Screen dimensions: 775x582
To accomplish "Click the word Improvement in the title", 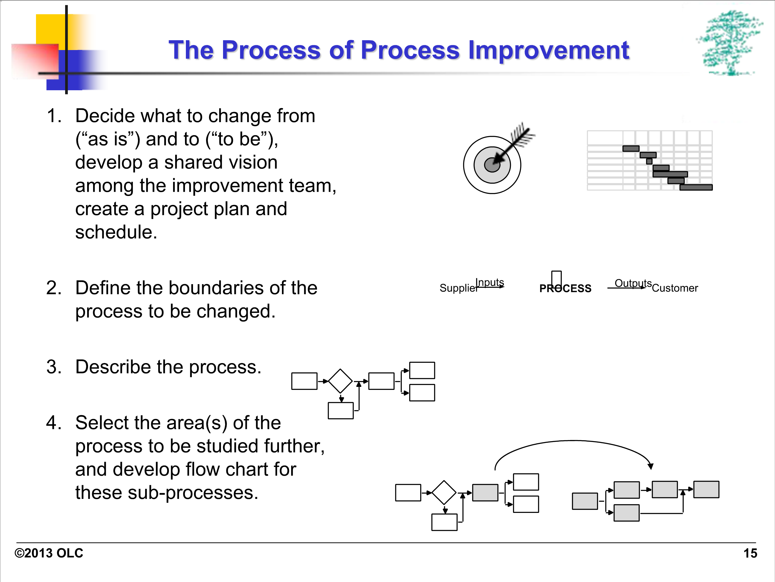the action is (549, 50).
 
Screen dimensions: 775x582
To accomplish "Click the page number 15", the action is (750, 553).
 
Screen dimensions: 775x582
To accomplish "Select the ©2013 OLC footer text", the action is (49, 553).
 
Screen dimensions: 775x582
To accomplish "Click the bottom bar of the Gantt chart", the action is (696, 187).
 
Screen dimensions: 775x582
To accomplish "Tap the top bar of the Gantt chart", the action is (631, 148).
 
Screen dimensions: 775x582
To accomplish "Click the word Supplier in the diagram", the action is (459, 288).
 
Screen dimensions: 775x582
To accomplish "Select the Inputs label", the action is (490, 282).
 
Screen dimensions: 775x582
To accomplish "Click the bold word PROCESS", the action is (565, 288).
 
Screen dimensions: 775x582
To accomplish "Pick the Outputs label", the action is (633, 283).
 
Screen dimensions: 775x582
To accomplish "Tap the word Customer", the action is (675, 288).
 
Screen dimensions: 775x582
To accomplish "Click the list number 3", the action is (54, 367).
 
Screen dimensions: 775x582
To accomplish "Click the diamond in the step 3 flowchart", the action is (340, 381).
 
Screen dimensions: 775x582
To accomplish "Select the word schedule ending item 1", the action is (116, 232).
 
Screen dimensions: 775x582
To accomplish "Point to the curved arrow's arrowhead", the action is (651, 466).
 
